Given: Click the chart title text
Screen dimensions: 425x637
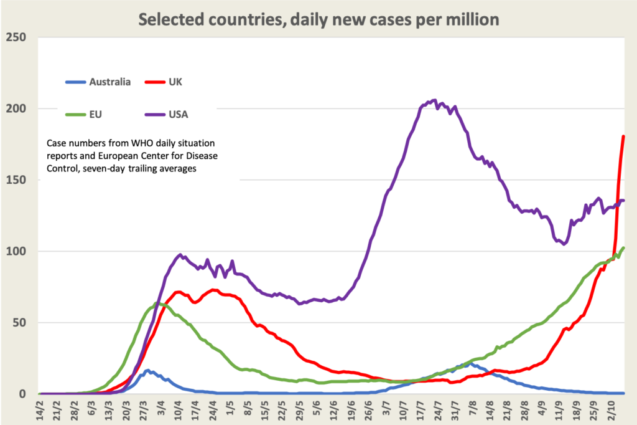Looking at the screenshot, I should pyautogui.click(x=318, y=19).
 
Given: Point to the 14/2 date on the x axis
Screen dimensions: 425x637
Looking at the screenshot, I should pyautogui.click(x=40, y=409).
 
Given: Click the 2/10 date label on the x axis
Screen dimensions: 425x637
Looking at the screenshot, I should pyautogui.click(x=612, y=409).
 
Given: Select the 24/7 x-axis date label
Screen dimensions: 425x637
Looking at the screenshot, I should pyautogui.click(x=439, y=409).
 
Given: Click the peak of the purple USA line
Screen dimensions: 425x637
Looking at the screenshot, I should pyautogui.click(x=434, y=100).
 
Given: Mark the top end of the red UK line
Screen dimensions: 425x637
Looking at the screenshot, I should pyautogui.click(x=623, y=136).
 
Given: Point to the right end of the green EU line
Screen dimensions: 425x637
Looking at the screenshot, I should pyautogui.click(x=623, y=248).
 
